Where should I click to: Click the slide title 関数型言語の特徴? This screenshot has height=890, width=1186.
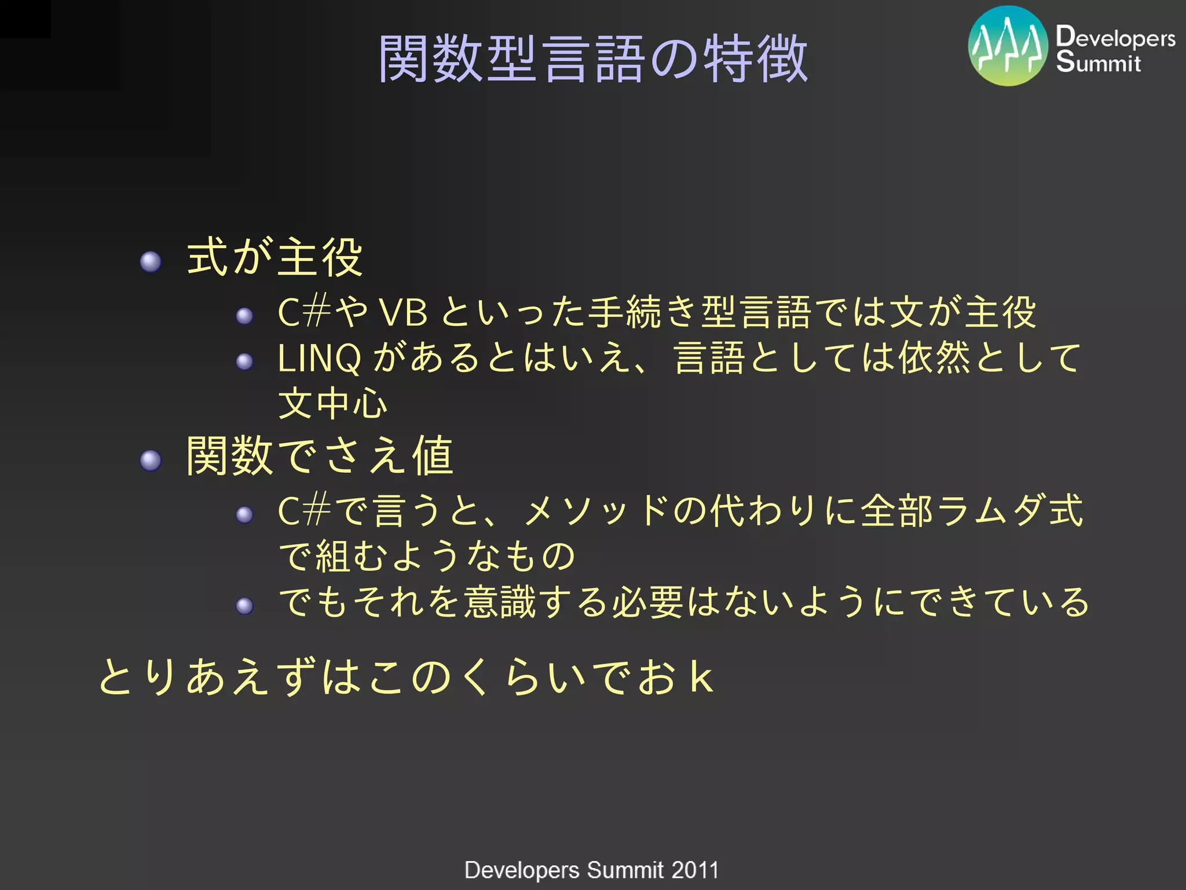pyautogui.click(x=593, y=58)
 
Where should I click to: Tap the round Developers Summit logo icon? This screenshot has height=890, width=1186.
pyautogui.click(x=1008, y=46)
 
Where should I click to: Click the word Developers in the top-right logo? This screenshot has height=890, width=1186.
pyautogui.click(x=1115, y=37)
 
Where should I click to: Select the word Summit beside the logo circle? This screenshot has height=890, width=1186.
pyautogui.click(x=1098, y=62)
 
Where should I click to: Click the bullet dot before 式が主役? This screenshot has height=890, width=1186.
pyautogui.click(x=151, y=262)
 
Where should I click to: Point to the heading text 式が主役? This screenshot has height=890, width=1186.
pyautogui.click(x=274, y=257)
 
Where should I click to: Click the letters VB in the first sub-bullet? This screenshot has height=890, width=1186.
pyautogui.click(x=403, y=313)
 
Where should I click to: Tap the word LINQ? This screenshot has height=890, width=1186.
pyautogui.click(x=319, y=359)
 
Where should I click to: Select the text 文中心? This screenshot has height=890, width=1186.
pyautogui.click(x=332, y=403)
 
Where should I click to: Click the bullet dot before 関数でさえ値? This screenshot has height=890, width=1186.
pyautogui.click(x=151, y=461)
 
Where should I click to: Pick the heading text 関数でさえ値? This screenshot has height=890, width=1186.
pyautogui.click(x=320, y=456)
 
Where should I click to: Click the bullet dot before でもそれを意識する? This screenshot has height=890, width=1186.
pyautogui.click(x=244, y=606)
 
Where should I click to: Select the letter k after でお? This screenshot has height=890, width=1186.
pyautogui.click(x=701, y=677)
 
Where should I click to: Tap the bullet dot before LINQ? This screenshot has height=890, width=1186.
pyautogui.click(x=244, y=362)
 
